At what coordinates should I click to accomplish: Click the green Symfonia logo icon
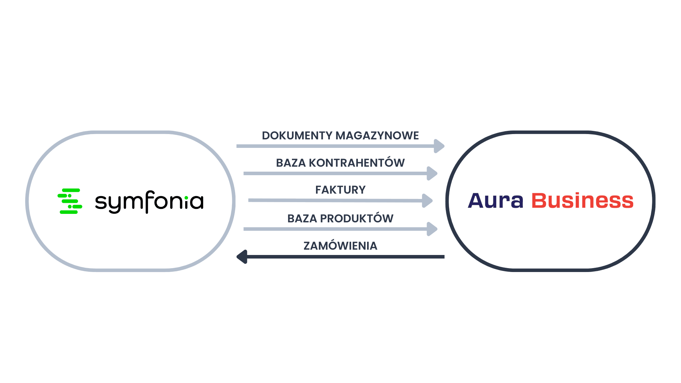click(x=70, y=201)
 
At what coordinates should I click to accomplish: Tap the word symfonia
click(x=149, y=202)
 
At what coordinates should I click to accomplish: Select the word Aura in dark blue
click(x=495, y=200)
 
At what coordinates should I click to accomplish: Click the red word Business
click(x=582, y=200)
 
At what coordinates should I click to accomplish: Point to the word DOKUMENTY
click(x=297, y=135)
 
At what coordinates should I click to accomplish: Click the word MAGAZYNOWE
click(x=377, y=135)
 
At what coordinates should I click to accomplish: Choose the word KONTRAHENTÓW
click(x=357, y=162)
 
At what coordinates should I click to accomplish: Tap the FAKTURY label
click(x=340, y=190)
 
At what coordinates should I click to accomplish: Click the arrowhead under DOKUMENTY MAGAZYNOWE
click(x=439, y=146)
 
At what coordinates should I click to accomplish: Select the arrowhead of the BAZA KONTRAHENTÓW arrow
click(x=432, y=173)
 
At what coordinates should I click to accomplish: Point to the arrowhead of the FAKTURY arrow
click(x=427, y=201)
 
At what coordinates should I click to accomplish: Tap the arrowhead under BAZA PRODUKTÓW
click(x=432, y=229)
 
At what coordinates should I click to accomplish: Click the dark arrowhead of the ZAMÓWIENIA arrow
click(x=242, y=257)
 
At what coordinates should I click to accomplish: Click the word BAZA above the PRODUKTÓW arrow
click(x=302, y=218)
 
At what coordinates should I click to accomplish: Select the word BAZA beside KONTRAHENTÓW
click(x=291, y=163)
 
